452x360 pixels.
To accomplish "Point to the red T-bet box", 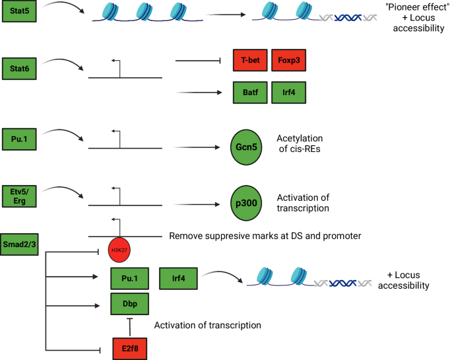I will [x=250, y=61].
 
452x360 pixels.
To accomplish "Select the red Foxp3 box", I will [x=290, y=61].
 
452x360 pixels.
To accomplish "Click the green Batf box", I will [x=250, y=93].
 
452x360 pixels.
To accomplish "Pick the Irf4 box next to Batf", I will [x=290, y=93].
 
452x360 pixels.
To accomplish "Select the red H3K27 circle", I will [x=120, y=250].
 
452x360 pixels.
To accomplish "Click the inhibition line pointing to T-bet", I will [x=197, y=61].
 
